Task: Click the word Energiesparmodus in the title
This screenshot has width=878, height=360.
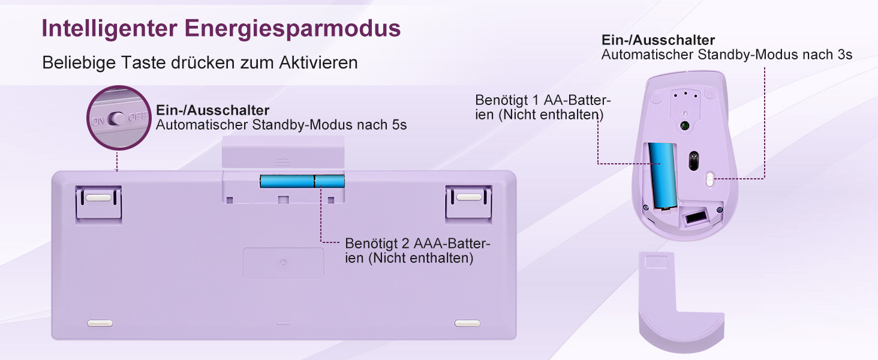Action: [293, 29]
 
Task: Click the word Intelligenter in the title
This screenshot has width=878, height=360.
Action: [109, 29]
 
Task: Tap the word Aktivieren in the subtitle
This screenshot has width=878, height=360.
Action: [318, 62]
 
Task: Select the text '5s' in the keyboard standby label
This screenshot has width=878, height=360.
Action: [399, 125]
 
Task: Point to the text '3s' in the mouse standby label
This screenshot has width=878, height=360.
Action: [844, 55]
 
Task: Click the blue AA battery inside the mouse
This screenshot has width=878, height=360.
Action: [663, 176]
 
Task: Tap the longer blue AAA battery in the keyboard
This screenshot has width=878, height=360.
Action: [287, 181]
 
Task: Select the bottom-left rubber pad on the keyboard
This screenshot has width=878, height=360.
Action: [100, 323]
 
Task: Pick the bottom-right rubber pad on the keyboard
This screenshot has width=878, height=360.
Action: [467, 323]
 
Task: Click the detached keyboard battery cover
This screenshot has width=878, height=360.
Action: [283, 152]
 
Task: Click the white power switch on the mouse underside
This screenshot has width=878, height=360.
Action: [709, 179]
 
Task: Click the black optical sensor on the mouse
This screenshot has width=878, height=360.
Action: [694, 160]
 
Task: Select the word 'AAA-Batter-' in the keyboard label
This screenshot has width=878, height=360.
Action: [452, 244]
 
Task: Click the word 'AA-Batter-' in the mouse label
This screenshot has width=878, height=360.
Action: [577, 100]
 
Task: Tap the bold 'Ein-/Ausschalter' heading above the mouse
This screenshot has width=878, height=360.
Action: [658, 40]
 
